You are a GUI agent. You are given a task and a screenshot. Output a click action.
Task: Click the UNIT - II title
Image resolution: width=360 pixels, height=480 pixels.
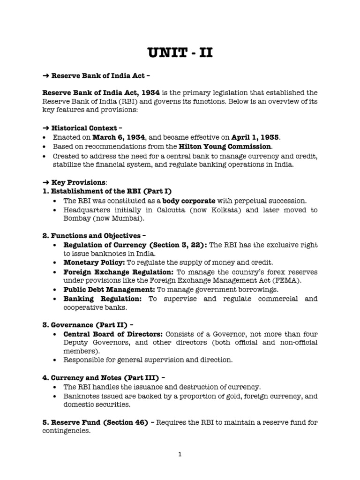[x=180, y=52]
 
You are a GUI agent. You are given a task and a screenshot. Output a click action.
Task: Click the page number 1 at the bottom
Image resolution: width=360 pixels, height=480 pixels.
[x=180, y=454]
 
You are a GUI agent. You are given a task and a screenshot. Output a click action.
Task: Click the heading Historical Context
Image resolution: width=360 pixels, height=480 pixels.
[x=84, y=127]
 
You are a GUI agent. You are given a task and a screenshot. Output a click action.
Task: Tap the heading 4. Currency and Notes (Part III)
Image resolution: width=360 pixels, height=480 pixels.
[x=101, y=378]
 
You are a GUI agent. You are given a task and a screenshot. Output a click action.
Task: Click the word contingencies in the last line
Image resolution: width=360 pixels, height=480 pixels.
[x=65, y=431]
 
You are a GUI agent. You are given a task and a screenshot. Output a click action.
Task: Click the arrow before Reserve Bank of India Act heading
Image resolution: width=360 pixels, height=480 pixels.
[x=45, y=76]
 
